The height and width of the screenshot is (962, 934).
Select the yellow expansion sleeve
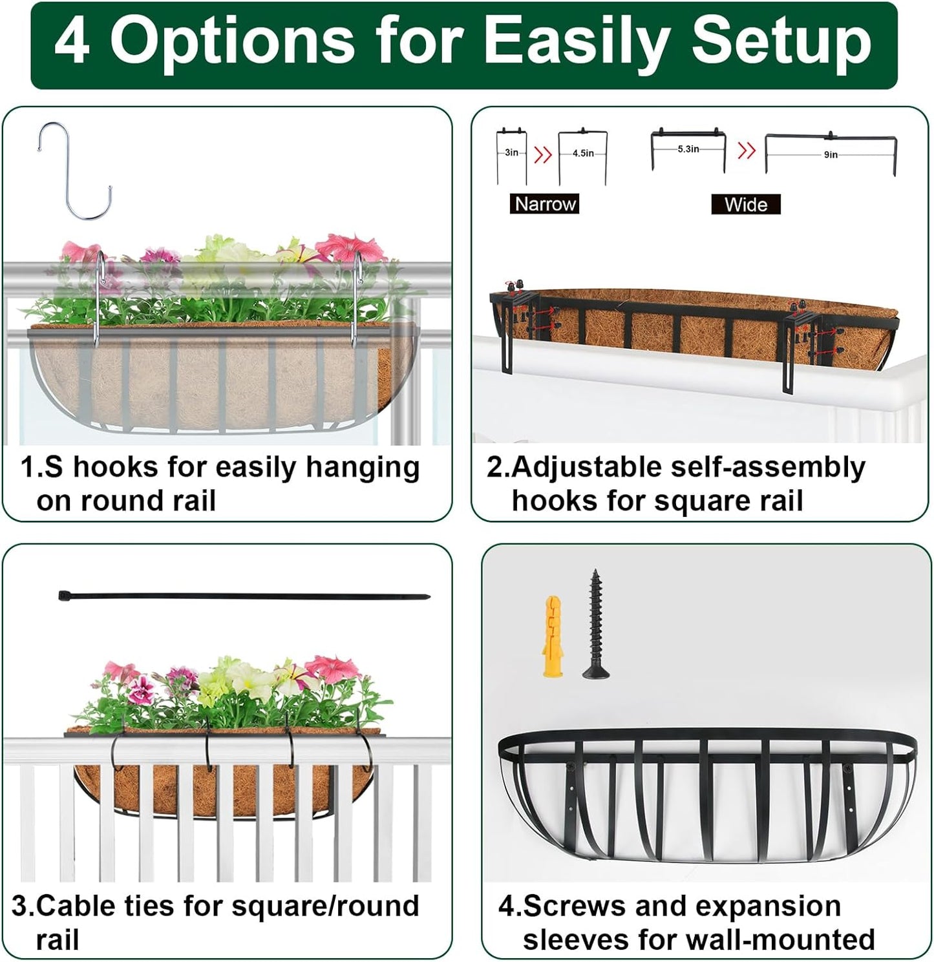(x=551, y=637)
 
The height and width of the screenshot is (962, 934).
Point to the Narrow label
(x=544, y=204)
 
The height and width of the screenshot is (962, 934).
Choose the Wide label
(x=745, y=205)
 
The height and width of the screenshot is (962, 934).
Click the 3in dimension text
(x=511, y=152)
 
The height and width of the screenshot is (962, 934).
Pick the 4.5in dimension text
(x=582, y=154)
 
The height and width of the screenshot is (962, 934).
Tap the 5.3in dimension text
(x=688, y=149)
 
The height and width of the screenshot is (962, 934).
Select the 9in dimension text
(x=831, y=155)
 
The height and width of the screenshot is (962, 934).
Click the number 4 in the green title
(x=72, y=43)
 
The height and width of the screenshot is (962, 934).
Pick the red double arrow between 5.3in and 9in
(x=747, y=151)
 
